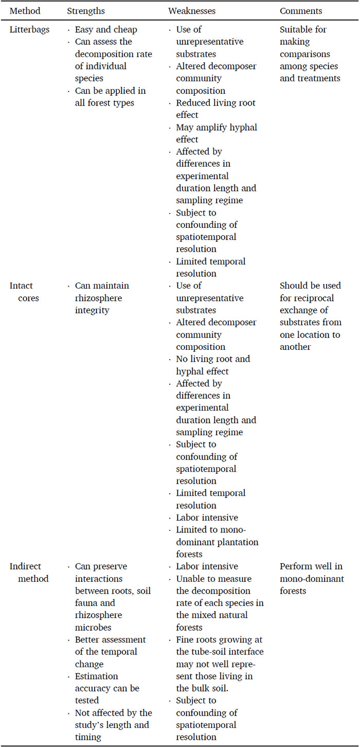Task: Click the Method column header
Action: click(25, 10)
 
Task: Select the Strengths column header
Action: click(86, 10)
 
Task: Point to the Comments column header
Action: click(301, 10)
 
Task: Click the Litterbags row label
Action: click(30, 29)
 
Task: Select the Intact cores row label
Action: click(24, 292)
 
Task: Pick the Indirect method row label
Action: click(29, 572)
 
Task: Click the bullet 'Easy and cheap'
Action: click(106, 29)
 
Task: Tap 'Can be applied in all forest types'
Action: click(110, 97)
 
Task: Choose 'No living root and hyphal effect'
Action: click(213, 365)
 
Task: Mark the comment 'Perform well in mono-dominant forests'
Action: click(311, 578)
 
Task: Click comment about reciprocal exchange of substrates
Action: click(310, 316)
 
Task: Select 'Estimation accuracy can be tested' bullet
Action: click(107, 682)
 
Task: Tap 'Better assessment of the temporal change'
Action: click(110, 646)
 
